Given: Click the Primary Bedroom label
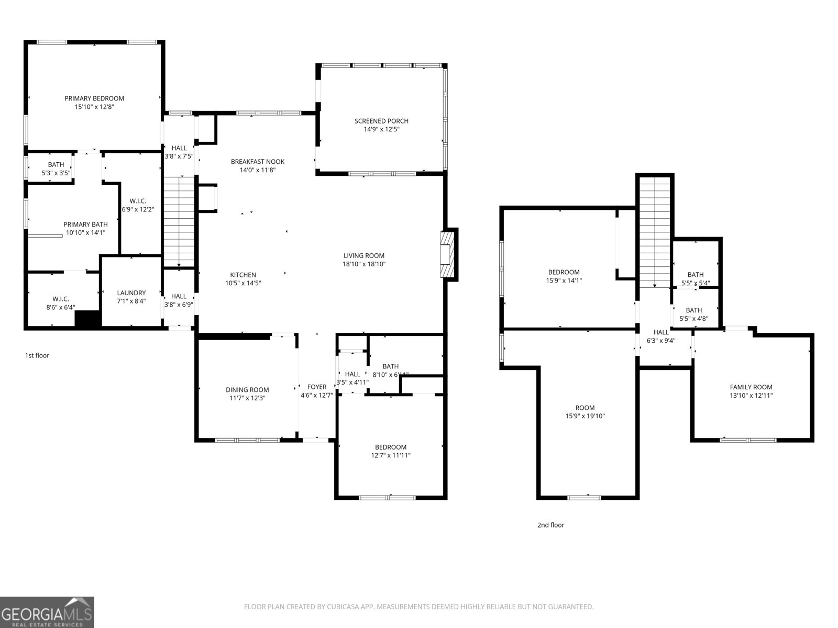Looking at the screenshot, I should coord(94,98).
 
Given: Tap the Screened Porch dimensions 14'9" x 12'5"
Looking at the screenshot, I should coord(381,129).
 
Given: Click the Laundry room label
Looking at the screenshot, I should coord(131,293).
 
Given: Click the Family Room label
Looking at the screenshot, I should coord(751,387).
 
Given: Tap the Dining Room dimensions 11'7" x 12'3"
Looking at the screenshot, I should coord(247,398).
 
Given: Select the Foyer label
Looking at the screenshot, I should coord(317,387).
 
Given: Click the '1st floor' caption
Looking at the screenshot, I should coord(37,355).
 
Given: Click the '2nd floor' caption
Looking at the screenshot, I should coord(550,525).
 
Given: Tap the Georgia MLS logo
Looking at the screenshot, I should coord(47,612).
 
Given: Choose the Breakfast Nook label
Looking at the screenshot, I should coord(258,162).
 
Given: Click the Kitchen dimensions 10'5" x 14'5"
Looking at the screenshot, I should coord(243,283).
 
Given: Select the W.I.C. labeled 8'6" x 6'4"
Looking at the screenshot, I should coord(61,303).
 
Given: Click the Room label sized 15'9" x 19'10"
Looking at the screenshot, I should coord(585,408).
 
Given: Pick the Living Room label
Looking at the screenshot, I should coord(364,256).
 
